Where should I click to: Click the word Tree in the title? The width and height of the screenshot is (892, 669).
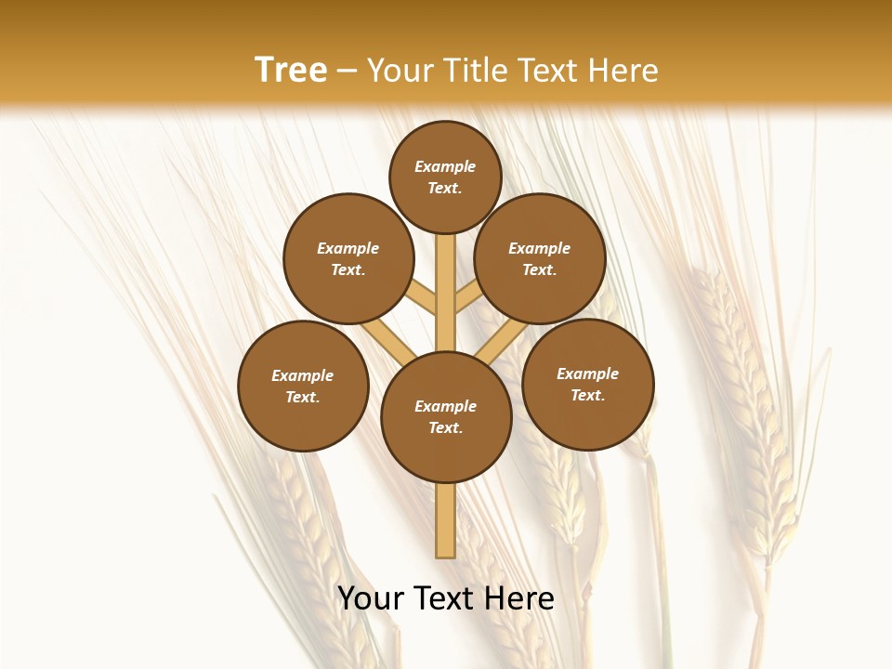pos(291,71)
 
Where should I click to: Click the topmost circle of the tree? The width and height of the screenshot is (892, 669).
pos(445,177)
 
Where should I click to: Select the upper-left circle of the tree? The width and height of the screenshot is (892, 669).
pos(348,258)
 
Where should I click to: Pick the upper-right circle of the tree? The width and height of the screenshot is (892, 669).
pos(540,258)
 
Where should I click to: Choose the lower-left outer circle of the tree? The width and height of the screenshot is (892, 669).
pos(303,386)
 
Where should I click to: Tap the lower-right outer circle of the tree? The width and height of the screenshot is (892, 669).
pos(588,384)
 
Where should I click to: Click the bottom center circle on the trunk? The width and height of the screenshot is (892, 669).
pos(446,417)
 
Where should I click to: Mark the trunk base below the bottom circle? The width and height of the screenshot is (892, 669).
pos(446,520)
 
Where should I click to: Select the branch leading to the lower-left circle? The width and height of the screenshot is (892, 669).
pos(385,340)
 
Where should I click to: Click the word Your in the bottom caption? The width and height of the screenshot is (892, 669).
pos(370,598)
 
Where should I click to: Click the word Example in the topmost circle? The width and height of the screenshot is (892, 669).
pos(445,166)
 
